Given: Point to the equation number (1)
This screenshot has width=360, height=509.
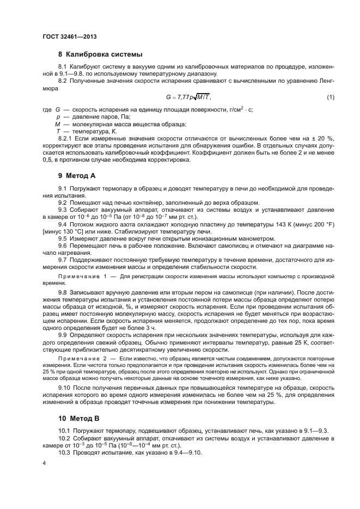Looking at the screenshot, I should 330,97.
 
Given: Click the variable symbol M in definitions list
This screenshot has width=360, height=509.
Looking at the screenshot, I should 50,124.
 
